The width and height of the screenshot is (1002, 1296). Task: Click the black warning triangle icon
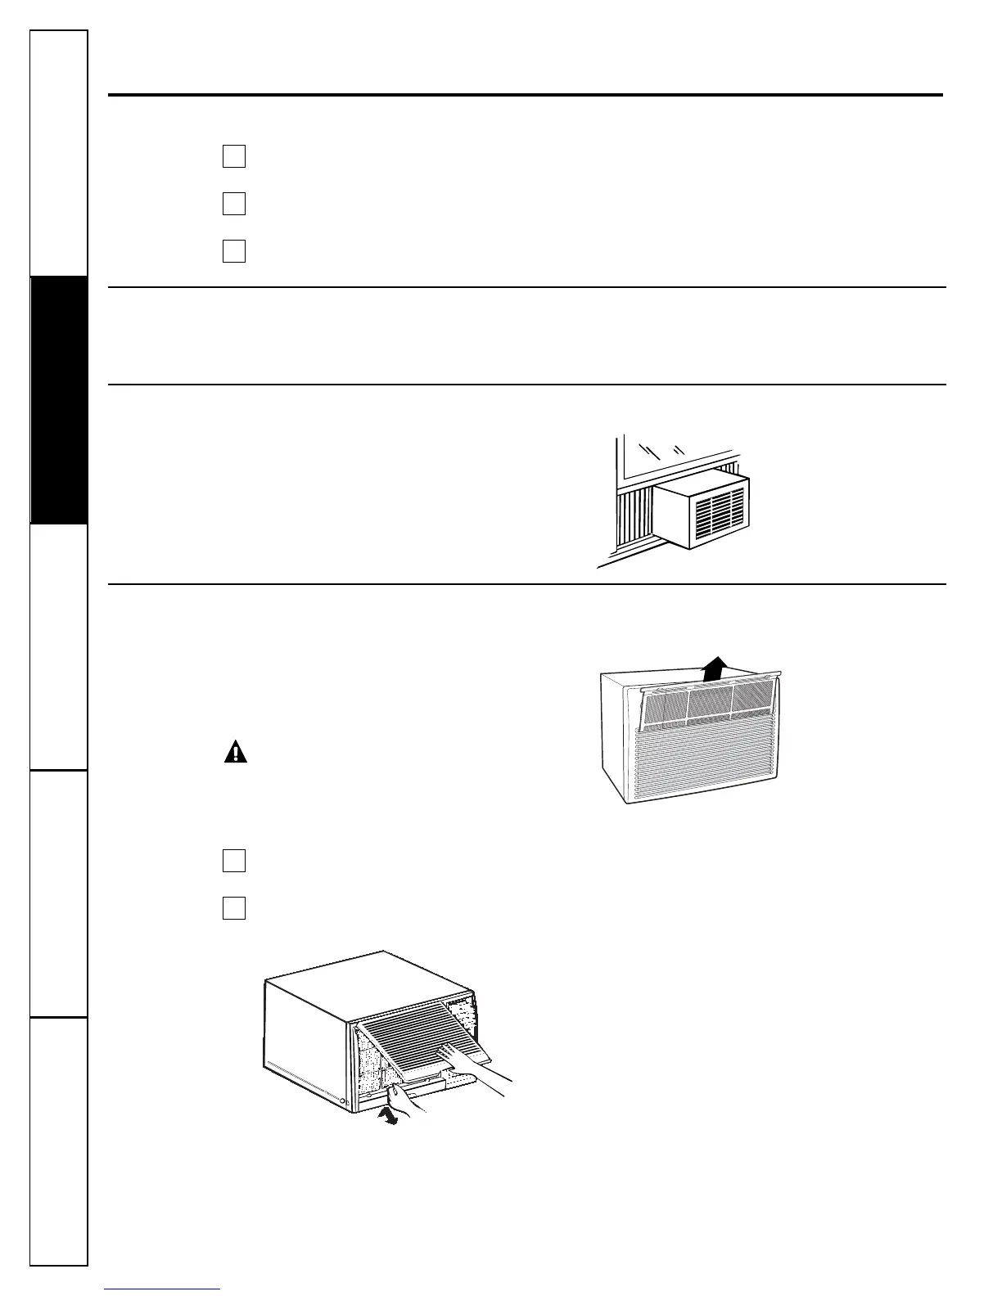pos(236,751)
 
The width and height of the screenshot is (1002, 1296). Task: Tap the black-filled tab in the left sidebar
pos(58,399)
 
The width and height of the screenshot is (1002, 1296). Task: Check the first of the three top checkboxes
pos(234,155)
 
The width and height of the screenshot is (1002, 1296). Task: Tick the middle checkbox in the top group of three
pos(234,203)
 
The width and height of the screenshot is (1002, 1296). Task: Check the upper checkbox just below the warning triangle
pos(234,861)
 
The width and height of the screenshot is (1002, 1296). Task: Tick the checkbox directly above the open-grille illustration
pos(234,908)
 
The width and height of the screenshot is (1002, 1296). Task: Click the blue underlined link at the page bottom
pos(163,1289)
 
